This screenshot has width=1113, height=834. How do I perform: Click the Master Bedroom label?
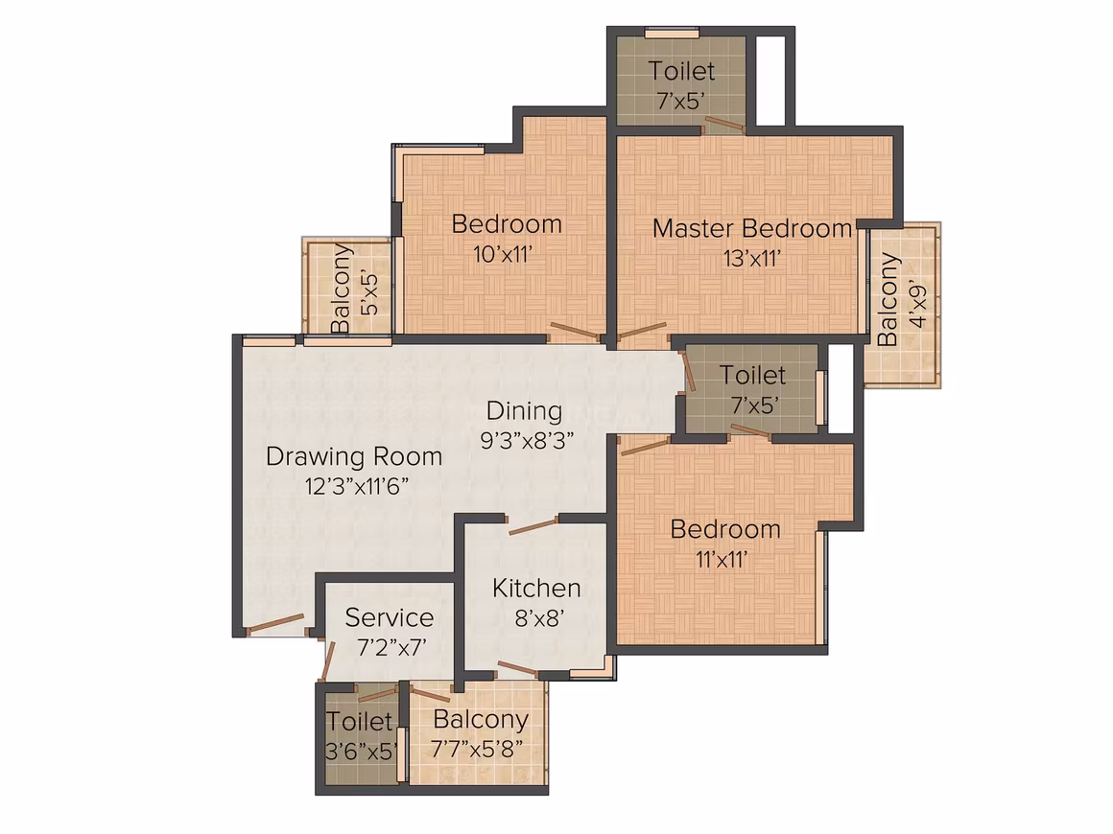751,228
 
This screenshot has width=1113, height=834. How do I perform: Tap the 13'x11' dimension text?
751,259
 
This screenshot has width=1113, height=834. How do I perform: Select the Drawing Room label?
353,456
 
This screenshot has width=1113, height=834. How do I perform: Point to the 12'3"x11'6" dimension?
356,487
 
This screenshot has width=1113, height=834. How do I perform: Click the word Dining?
524,411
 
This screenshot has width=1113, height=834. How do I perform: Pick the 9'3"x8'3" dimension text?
527,441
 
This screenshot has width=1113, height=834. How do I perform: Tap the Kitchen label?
536,588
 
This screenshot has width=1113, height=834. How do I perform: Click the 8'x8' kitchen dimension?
539,619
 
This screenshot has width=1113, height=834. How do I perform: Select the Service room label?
389,617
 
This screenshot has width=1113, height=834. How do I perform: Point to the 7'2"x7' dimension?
391,647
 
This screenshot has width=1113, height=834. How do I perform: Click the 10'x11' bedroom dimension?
503,254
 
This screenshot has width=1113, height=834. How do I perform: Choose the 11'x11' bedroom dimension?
722,560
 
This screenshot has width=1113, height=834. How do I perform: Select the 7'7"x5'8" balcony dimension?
477,749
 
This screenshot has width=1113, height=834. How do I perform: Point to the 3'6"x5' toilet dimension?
362,751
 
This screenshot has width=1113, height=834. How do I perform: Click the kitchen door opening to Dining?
533,525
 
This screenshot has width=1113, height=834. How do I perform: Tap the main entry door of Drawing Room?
275,622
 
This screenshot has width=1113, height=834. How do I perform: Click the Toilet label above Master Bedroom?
681,71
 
